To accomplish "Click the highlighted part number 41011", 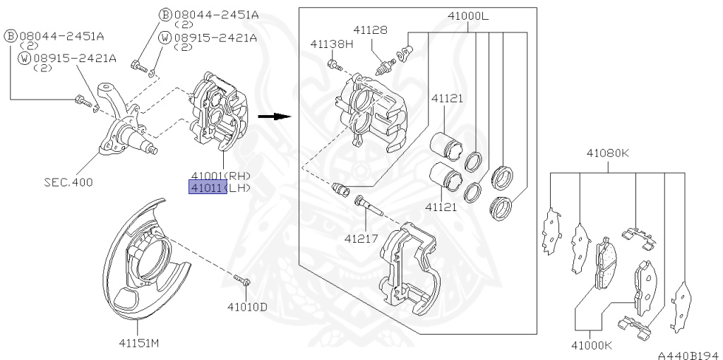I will click(x=207, y=188).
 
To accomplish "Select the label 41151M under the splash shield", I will click(x=138, y=344).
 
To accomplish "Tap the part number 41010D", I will click(x=247, y=306).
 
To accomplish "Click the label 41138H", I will click(x=331, y=44).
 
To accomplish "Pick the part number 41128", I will click(x=371, y=30).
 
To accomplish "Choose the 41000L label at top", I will click(x=468, y=16).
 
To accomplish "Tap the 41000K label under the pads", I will click(x=592, y=345).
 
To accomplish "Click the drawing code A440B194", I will click(x=688, y=355).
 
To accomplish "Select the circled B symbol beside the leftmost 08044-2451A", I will click(x=11, y=35).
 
